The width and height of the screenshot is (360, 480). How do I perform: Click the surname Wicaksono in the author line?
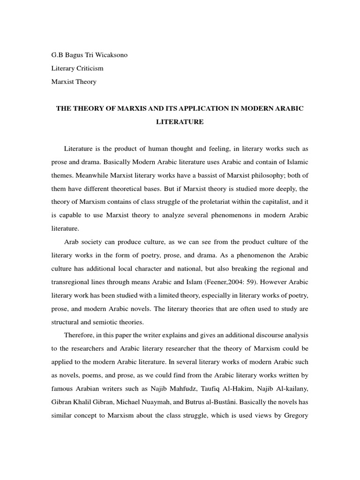[x=109, y=55]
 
